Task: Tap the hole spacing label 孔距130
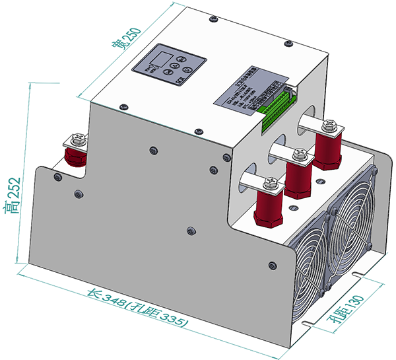coord(346,310)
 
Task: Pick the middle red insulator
coord(298,178)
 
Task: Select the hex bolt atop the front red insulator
coord(269,182)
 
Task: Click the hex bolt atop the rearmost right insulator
coord(330,124)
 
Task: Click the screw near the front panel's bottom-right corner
coord(272,266)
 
